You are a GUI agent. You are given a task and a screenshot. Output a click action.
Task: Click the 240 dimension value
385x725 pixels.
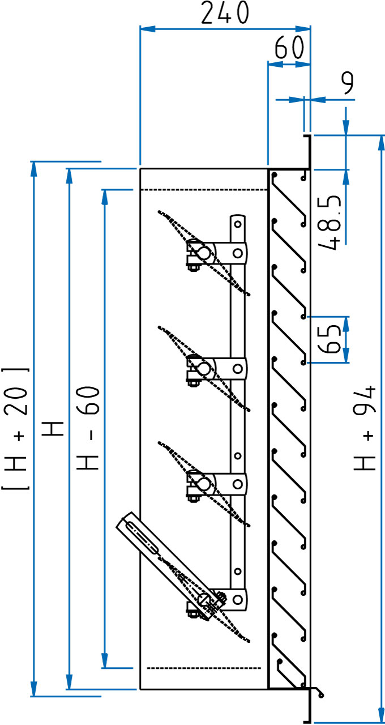click(x=225, y=13)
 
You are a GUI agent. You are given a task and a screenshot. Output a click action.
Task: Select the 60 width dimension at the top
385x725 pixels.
click(x=289, y=48)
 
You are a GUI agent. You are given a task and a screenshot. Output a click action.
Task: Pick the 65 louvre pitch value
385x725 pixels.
click(x=331, y=339)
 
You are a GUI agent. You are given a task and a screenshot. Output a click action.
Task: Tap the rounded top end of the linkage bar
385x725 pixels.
click(x=238, y=221)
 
